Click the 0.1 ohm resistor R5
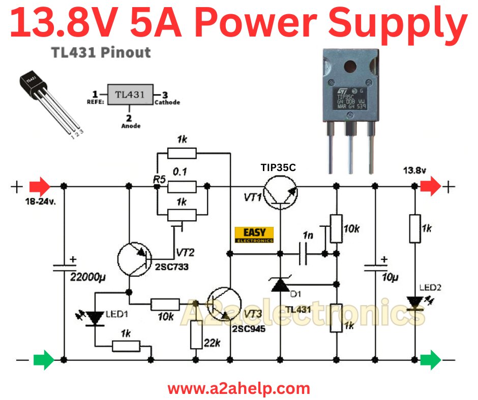[x=182, y=187]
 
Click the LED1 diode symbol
[x=95, y=318]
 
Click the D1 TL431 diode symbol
[x=279, y=286]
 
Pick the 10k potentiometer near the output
[x=335, y=228]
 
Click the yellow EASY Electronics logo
[x=254, y=234]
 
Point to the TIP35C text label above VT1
[x=279, y=167]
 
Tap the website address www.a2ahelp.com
[x=238, y=389]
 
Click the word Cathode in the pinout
[x=167, y=102]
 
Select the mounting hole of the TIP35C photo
[x=351, y=66]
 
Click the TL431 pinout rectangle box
[x=130, y=94]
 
